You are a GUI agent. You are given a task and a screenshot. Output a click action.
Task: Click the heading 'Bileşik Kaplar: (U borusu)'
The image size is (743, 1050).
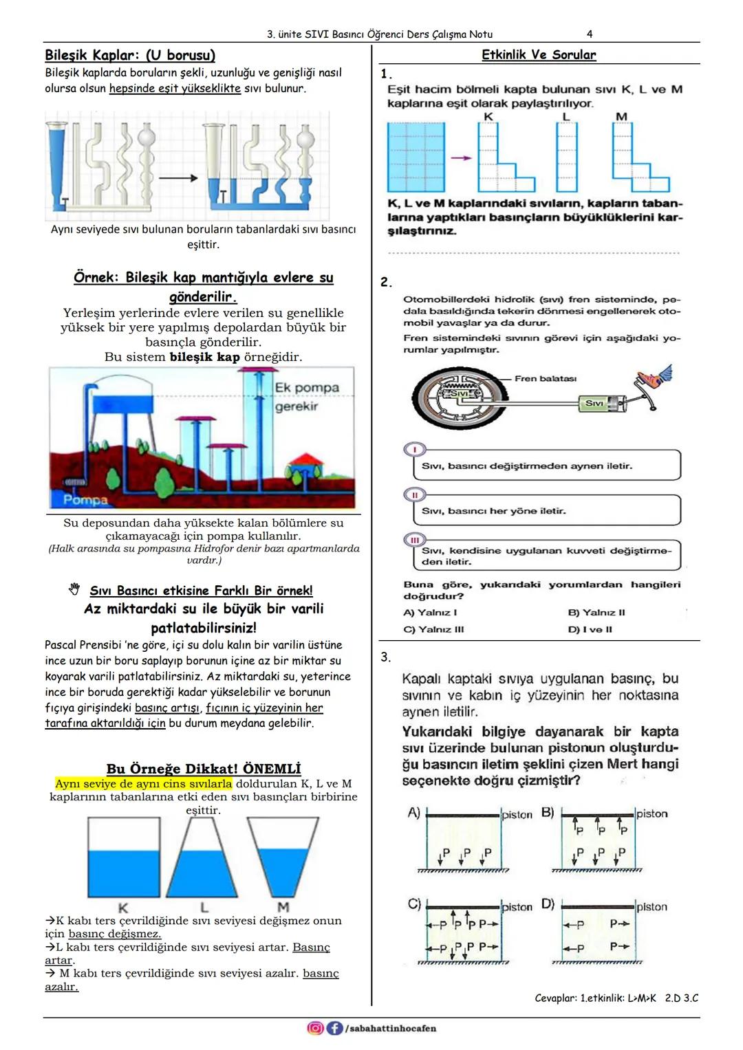click(130, 55)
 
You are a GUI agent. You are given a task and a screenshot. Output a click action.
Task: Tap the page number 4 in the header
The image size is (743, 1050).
click(590, 34)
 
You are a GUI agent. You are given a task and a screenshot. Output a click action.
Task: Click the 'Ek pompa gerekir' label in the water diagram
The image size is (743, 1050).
click(307, 397)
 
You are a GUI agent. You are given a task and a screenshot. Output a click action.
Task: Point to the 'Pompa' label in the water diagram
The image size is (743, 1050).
click(85, 499)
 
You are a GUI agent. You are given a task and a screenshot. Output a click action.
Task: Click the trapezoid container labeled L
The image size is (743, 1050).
click(204, 860)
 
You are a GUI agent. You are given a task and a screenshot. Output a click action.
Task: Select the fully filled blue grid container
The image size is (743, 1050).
click(416, 157)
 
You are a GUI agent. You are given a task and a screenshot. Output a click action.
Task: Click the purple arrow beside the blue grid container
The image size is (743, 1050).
click(461, 157)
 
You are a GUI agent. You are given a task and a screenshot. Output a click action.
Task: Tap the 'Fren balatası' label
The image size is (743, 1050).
click(546, 378)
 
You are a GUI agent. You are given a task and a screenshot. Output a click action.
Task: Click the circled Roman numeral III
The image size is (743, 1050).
click(415, 540)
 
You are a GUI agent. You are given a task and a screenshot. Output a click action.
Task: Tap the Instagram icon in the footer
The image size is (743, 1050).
click(315, 1028)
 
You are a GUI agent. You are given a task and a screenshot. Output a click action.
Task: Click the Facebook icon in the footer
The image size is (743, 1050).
click(334, 1028)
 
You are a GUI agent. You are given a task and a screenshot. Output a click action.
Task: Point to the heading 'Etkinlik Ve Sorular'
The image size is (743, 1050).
click(538, 55)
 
